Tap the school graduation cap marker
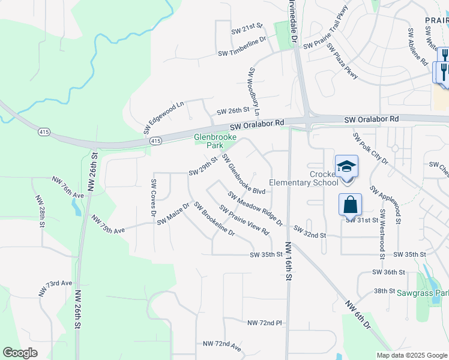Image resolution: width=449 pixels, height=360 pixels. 346,166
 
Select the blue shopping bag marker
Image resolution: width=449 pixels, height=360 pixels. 350,205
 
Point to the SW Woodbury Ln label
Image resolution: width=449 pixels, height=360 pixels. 253,92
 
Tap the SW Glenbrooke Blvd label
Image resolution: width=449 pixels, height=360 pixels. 243,175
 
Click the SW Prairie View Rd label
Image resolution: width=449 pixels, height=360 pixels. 243,220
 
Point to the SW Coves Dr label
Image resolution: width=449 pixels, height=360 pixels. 154,197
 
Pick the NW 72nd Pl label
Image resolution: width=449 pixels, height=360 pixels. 264,323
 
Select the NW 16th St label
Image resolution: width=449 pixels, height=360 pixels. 288,262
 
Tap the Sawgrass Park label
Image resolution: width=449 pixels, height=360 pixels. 423,293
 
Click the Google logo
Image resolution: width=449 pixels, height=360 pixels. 20,353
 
